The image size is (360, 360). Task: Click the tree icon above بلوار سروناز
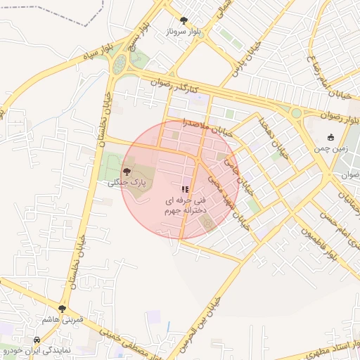coord(184,20)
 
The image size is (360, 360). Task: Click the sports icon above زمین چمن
coord(330,137)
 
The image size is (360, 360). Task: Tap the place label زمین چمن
coord(328,149)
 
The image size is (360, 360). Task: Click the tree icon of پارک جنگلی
coord(127,171)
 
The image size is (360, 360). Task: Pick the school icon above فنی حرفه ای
coord(185,189)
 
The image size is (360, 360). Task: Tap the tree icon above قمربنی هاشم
coord(63,308)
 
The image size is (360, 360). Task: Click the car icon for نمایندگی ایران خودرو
coord(37,339)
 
